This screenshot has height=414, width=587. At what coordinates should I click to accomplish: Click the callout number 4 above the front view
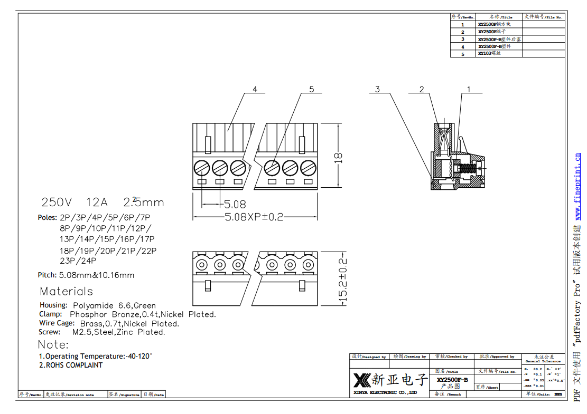coord(255,89)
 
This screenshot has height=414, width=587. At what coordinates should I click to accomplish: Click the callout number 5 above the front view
coord(312,89)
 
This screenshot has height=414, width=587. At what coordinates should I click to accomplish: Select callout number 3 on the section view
coord(378,89)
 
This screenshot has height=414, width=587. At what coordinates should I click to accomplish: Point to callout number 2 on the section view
coord(422,89)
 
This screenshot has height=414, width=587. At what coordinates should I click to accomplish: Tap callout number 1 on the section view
coord(468,89)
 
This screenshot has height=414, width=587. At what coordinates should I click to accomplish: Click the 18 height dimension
coord(339,156)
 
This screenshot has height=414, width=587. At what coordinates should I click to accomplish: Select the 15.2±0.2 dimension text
coord(343,280)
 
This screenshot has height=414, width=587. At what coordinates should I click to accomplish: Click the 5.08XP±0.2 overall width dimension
coord(254,217)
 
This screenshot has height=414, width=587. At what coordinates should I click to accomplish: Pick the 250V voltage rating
coord(57,203)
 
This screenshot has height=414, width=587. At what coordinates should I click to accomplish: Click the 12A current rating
coord(97,203)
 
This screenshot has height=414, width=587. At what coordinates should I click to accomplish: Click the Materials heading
coord(66,291)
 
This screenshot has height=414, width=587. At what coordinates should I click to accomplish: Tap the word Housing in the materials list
coord(53,305)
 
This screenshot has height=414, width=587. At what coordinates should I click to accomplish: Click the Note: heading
coord(53,345)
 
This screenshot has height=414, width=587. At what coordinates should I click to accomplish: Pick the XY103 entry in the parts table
coord(485,53)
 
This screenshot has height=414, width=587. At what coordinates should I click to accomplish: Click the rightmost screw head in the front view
coord(308,168)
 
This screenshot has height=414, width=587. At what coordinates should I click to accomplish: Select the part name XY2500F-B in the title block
coord(452,380)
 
